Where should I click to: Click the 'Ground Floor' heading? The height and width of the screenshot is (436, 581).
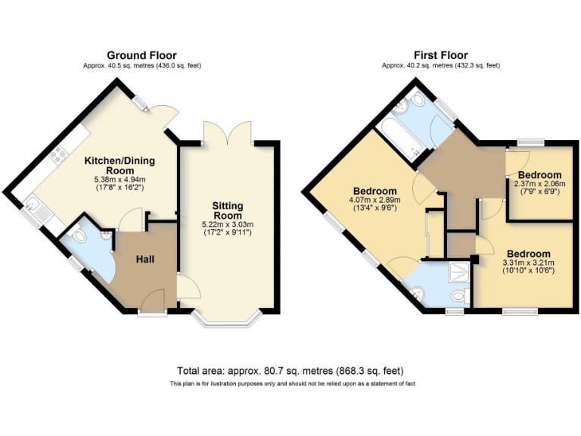tap(141, 55)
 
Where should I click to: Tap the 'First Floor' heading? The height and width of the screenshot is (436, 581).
tap(440, 55)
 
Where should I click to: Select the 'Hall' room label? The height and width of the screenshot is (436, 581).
tap(145, 260)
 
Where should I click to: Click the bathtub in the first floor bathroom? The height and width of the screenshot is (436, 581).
tap(399, 137)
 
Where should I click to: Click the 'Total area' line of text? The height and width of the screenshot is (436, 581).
tap(290, 371)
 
